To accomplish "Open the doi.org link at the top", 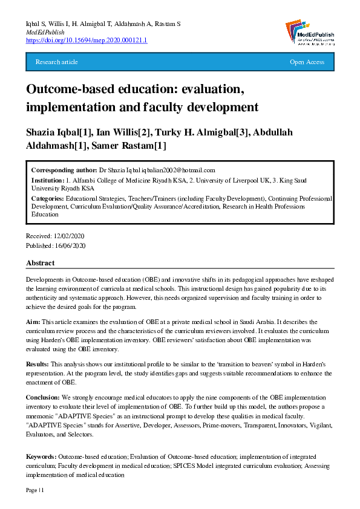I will click(x=87, y=40).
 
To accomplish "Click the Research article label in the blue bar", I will click(x=57, y=62).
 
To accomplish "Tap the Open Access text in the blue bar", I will click(x=307, y=62).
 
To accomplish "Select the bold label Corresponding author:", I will click(x=65, y=170).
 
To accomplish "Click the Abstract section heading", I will click(x=40, y=263).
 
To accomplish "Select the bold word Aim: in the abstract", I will click(x=33, y=323).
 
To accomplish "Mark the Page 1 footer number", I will click(x=34, y=490).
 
